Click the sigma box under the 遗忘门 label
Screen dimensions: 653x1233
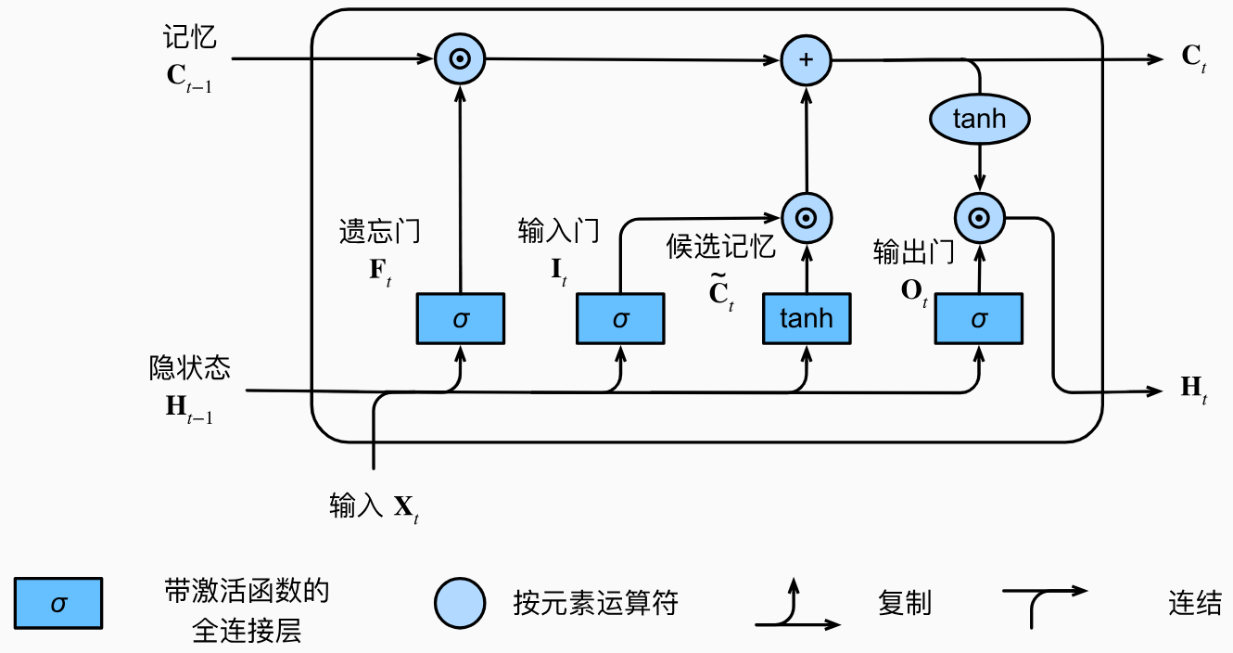460,319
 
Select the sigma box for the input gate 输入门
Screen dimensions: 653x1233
620,319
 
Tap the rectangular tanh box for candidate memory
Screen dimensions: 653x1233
806,319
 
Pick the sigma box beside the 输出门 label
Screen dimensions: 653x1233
979,319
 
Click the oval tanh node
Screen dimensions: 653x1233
979,120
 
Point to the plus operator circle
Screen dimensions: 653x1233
806,59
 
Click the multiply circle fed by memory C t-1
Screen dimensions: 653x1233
460,59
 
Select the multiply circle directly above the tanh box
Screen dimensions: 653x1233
806,219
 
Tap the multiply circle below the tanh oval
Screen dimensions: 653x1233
979,219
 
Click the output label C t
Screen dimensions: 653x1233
1193,58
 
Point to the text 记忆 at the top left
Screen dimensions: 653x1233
190,38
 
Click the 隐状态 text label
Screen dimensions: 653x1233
190,369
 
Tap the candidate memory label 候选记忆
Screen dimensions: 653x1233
720,247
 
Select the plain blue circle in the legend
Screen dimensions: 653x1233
460,604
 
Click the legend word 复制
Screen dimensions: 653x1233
904,604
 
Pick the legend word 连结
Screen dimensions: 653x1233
1194,604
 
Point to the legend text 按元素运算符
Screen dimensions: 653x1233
595,604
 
